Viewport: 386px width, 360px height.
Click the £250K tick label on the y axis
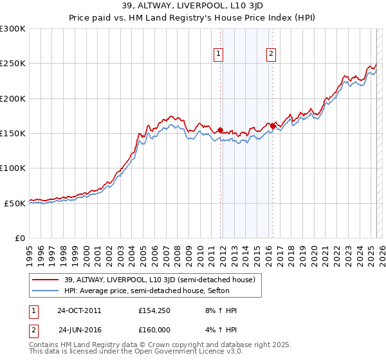pos(13,64)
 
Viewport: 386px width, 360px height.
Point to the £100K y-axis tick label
pos(13,168)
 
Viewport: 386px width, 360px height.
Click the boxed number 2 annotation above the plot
pos(271,55)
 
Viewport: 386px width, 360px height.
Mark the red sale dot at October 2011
pos(220,130)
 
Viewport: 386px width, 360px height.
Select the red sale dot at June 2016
pos(273,126)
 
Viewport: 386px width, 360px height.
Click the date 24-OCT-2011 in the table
pos(79,310)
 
